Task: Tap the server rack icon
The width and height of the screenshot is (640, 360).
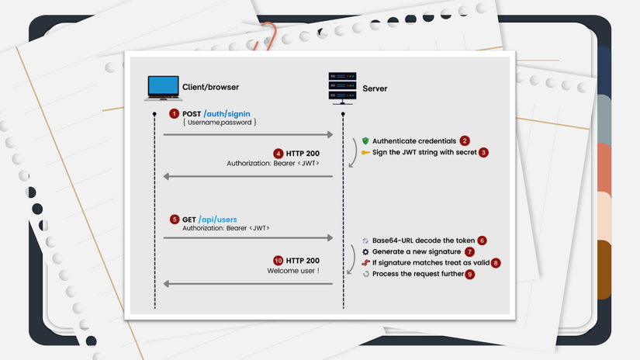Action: point(341,88)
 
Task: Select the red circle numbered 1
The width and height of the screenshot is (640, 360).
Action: point(175,113)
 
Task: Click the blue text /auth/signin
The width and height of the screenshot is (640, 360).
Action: point(227,113)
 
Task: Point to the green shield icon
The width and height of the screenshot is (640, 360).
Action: point(365,140)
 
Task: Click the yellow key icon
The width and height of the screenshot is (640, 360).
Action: point(365,153)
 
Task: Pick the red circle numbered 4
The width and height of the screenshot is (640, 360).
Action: point(278,153)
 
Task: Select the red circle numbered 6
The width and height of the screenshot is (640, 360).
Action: point(482,241)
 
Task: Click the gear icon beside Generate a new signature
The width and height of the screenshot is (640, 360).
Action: point(365,252)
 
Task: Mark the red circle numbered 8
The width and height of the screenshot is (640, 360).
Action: point(496,263)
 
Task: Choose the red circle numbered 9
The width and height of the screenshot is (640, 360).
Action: point(470,274)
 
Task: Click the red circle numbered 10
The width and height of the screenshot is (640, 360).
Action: point(278,260)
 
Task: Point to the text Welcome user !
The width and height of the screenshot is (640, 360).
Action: point(293,271)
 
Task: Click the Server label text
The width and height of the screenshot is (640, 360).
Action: point(375,88)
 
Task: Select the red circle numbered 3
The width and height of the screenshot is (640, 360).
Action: point(483,152)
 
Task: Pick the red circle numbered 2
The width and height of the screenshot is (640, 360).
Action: point(465,140)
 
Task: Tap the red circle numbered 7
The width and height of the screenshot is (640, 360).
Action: point(469,252)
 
